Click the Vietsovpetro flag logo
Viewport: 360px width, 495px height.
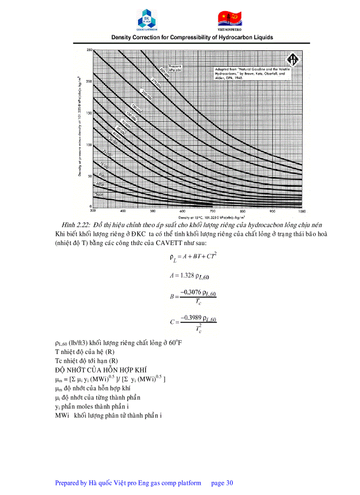pyautogui.click(x=230, y=17)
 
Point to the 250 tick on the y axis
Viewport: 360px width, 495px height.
pyautogui.click(x=89, y=50)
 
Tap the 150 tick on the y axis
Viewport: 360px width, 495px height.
pyautogui.click(x=89, y=113)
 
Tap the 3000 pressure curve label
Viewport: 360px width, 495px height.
pyautogui.click(x=99, y=194)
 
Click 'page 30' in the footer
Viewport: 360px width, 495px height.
pyautogui.click(x=222, y=483)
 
